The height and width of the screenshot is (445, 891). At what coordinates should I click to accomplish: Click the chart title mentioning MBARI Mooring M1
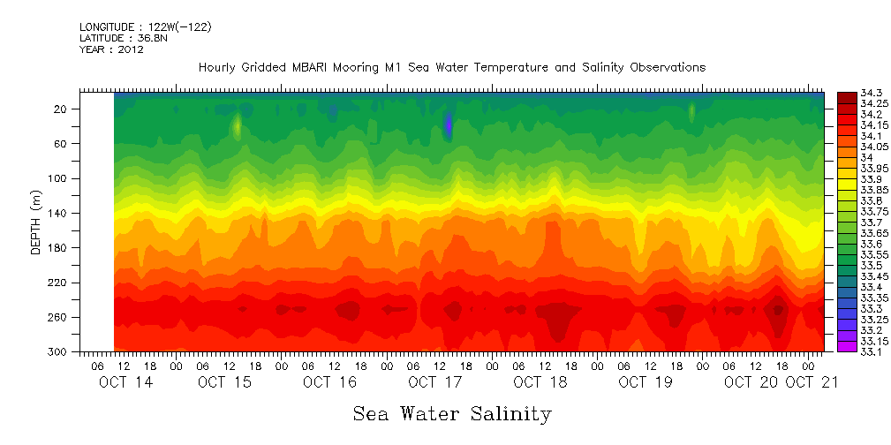451,68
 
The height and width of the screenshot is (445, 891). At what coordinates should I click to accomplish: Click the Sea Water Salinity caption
451,413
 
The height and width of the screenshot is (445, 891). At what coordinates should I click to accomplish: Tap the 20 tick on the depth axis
62,109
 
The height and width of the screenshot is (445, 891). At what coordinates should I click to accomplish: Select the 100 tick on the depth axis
60,178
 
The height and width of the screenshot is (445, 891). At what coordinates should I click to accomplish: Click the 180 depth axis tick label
60,248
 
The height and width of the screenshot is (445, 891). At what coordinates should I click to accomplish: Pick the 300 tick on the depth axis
60,351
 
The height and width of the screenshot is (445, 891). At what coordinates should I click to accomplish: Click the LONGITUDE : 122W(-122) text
145,27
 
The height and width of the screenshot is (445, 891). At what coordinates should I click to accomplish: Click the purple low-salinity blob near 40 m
449,124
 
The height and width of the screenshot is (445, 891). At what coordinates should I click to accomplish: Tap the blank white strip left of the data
97,221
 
